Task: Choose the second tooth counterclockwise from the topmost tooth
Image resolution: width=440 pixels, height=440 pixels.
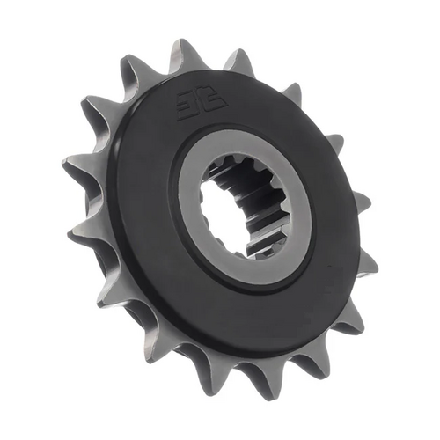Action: click(x=96, y=110)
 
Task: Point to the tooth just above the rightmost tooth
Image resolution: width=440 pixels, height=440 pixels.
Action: click(x=362, y=202)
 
